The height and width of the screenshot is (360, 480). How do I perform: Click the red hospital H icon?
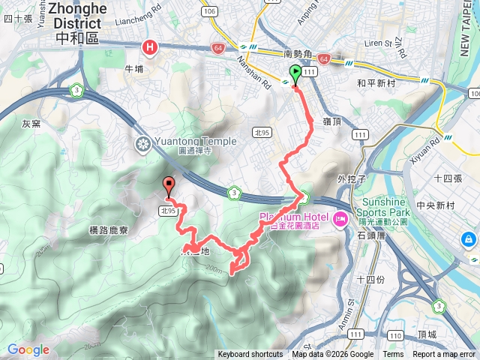tap(151, 48)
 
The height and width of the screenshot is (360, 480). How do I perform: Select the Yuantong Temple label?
tap(196, 141)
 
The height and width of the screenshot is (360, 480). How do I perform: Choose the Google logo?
tap(28, 349)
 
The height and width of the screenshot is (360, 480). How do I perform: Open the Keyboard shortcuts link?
tap(250, 355)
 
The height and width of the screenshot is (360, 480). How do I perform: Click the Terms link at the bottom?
tap(393, 355)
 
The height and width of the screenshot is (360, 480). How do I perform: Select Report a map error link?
tap(444, 355)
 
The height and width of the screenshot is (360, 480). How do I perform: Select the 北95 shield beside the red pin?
tap(168, 211)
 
